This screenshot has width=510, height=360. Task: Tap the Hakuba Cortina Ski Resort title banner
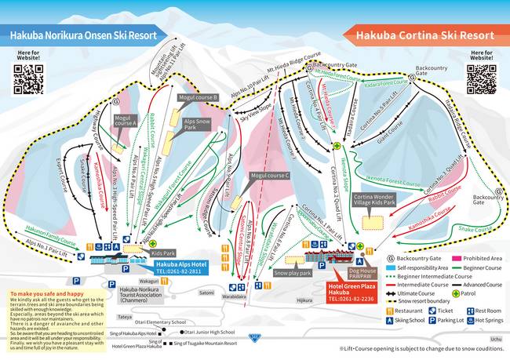pos(424,35)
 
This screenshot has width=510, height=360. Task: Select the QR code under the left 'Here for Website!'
pos(28,79)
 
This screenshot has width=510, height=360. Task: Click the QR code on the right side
pos(481,79)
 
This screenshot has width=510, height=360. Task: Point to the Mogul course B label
pos(198,97)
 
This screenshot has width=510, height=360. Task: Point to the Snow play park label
pos(292,273)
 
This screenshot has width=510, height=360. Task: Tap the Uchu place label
pos(494,339)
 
